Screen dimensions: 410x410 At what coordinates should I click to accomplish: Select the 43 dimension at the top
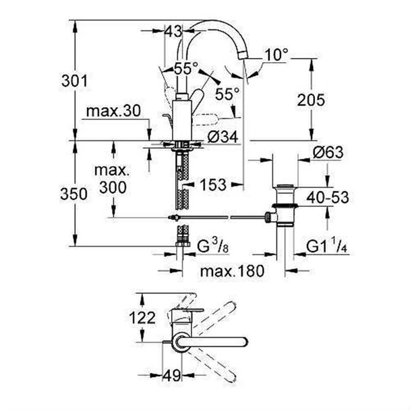(x=174, y=30)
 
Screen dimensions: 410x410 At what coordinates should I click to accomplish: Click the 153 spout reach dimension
(x=212, y=183)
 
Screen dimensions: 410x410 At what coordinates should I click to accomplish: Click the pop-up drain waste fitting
(x=282, y=209)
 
